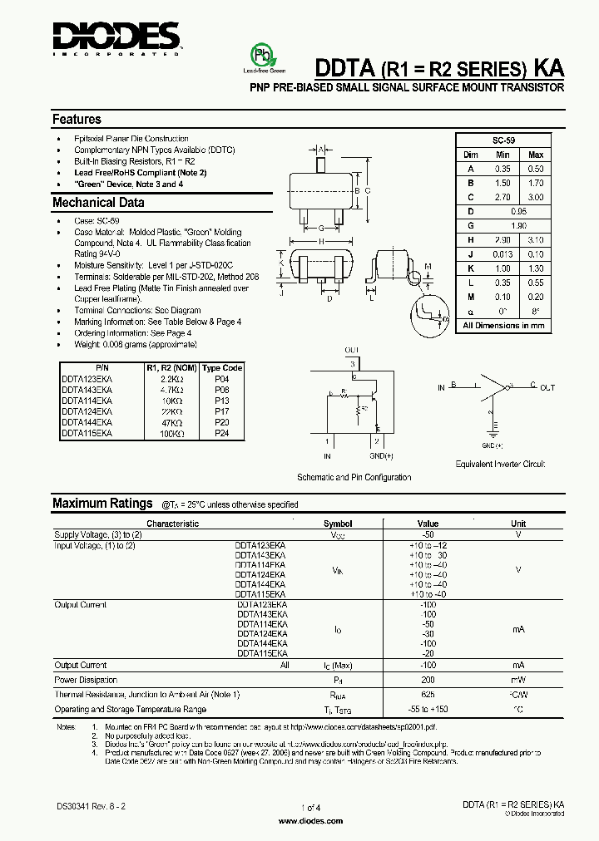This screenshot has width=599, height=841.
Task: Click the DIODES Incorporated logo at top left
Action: tap(116, 37)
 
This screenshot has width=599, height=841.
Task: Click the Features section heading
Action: tap(77, 119)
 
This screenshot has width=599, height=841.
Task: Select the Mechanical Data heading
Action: tap(98, 203)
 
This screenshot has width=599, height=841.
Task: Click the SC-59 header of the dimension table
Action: tap(503, 140)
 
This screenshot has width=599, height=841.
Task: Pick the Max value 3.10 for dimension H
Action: tap(536, 239)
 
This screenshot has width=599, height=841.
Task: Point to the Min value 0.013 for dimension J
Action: tap(502, 253)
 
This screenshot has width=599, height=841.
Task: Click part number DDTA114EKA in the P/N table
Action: tap(87, 400)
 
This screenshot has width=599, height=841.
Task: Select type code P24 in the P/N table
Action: tap(222, 433)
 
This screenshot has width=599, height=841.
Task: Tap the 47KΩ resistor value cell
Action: tap(172, 422)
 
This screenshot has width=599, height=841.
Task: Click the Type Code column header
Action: tap(222, 367)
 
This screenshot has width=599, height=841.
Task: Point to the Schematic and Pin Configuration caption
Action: tap(354, 477)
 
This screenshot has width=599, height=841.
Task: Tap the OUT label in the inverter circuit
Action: tap(547, 387)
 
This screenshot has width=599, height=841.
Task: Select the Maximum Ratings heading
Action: tap(102, 503)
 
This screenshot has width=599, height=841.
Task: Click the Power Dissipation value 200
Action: tap(428, 680)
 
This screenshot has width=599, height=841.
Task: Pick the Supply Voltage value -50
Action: tap(428, 535)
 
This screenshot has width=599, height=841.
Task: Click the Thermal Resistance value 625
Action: tap(428, 694)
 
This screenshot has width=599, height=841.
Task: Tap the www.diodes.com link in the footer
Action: tap(309, 820)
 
